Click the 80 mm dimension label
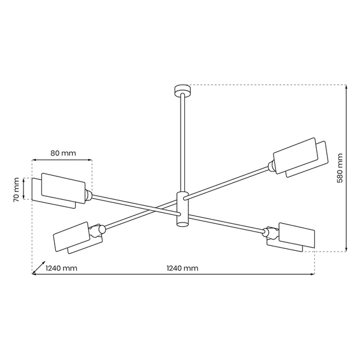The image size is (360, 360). (63, 153)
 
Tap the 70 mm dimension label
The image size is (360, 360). (17, 189)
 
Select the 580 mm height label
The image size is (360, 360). (340, 168)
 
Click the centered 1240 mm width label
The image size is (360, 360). (181, 268)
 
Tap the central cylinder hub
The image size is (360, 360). (181, 208)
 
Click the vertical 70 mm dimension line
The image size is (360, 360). (23, 189)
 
